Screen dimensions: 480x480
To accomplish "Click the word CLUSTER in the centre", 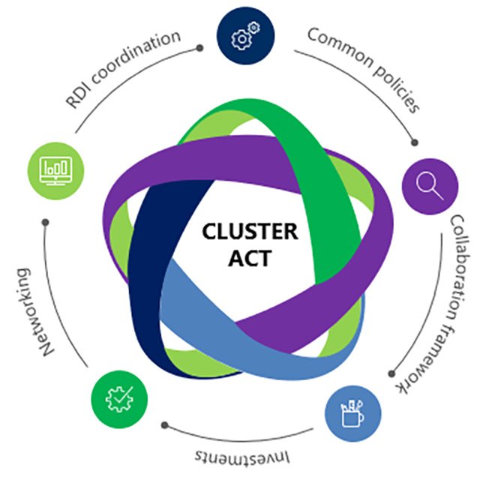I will (239, 232).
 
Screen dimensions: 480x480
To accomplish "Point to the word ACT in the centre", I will (240, 259).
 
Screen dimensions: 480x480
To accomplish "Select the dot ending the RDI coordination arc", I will (199, 47).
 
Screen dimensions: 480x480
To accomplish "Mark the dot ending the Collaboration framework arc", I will (392, 373).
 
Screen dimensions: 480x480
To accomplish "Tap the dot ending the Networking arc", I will (46, 223).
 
